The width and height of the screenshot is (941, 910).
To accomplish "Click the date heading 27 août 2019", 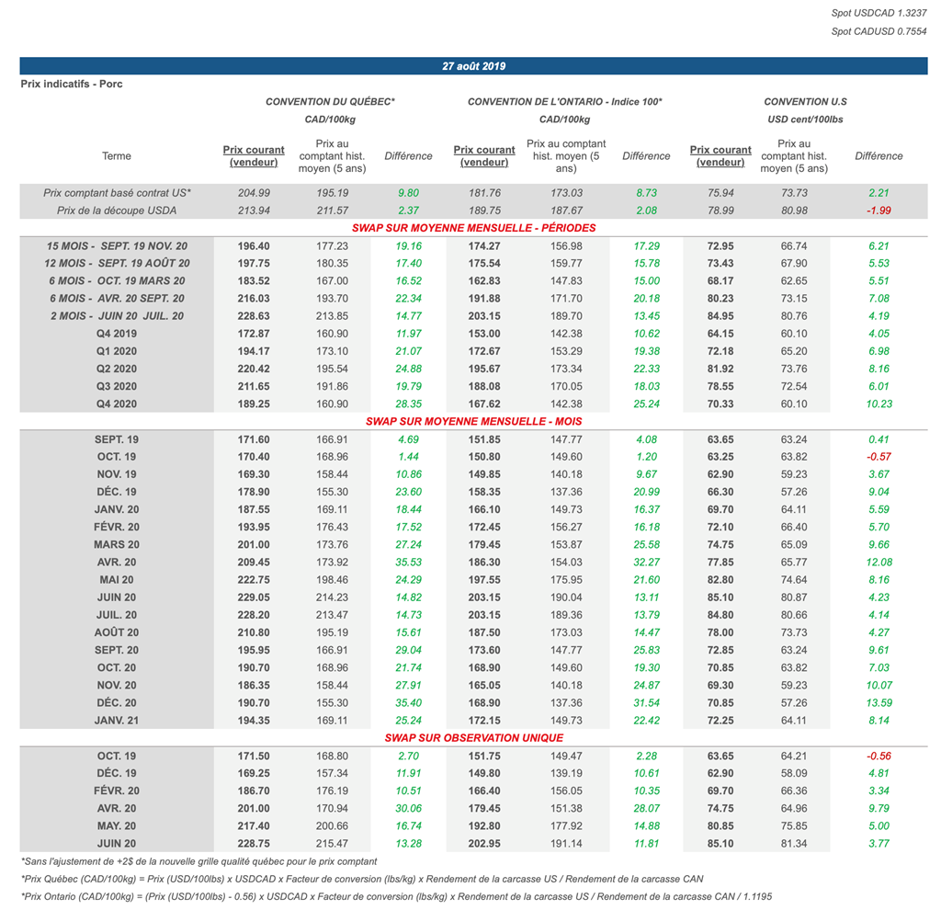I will (473, 66).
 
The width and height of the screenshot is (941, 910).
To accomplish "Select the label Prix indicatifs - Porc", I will (72, 85).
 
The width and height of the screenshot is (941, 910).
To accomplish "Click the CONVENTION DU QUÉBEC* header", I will (330, 101).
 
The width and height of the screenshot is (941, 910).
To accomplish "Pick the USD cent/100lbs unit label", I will (805, 119).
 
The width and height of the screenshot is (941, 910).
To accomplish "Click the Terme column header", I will (117, 156).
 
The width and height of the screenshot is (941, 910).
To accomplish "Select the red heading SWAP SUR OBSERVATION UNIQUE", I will (473, 737).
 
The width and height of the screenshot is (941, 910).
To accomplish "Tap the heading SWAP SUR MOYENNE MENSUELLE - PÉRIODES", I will (473, 227).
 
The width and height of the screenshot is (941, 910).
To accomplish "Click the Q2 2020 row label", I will (117, 369).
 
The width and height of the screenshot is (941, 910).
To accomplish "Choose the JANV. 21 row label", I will (117, 720).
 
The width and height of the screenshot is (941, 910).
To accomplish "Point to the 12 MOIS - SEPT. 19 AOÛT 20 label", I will (117, 264).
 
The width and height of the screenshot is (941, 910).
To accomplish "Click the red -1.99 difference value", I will (879, 210).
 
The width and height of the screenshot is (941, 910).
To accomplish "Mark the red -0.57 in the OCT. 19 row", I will (879, 457).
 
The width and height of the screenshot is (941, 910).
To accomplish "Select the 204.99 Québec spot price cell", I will (254, 193).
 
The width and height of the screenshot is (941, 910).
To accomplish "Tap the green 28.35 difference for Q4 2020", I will (402, 404).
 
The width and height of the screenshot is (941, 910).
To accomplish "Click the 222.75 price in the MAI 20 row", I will (254, 580).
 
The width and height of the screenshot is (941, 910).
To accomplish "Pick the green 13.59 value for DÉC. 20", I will (879, 702).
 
